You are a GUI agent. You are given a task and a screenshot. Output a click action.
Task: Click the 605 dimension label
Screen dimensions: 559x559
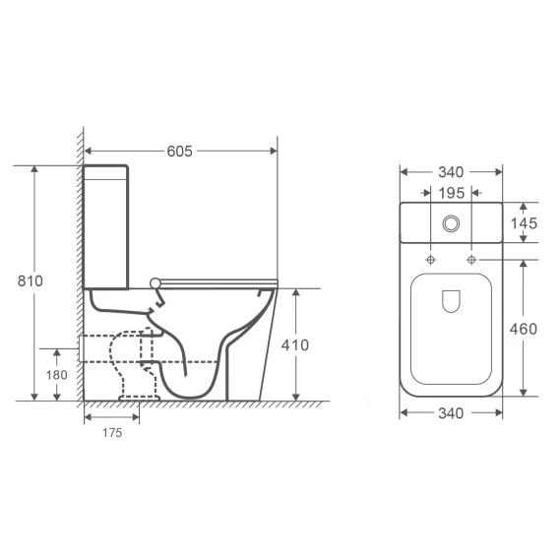tap(180, 152)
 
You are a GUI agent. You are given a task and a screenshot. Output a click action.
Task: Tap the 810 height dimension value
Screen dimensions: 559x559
tap(31, 280)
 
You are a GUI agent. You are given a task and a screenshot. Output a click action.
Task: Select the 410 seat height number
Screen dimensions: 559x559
tap(295, 345)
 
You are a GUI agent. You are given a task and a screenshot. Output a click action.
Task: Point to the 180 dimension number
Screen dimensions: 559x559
tap(57, 375)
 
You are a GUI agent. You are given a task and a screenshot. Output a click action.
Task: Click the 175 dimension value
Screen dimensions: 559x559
tap(112, 433)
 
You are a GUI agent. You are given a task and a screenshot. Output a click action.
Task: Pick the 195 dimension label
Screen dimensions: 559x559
tap(452, 193)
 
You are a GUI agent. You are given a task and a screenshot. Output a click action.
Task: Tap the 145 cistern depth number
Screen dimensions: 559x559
tap(524, 223)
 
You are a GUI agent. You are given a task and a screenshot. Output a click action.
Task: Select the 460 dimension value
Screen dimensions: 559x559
tap(524, 329)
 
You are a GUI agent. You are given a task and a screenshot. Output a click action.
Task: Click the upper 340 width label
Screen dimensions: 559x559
tap(451, 172)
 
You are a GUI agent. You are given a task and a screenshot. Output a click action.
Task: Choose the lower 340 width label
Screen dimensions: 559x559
tap(451, 413)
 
